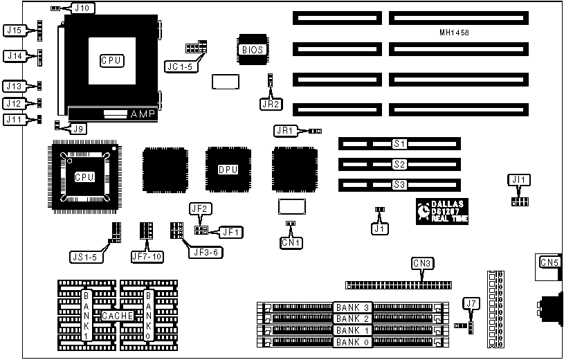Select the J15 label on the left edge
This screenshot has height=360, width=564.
15,30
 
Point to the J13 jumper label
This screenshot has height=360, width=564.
15,87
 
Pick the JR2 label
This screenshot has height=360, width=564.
271,105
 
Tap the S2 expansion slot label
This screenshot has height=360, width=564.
399,164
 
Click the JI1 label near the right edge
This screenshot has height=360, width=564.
518,179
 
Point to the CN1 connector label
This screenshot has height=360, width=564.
290,242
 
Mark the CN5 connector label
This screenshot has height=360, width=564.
549,262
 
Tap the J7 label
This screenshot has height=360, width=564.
471,303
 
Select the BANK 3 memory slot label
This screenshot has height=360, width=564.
353,307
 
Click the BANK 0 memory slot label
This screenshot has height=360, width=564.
353,342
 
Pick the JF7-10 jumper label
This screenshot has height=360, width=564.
146,256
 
